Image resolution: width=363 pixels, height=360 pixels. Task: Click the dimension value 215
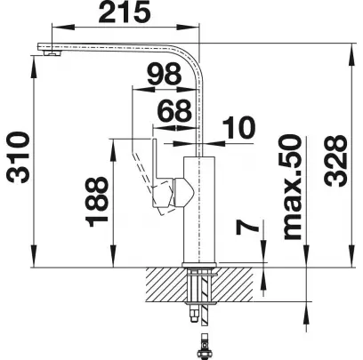(125, 12)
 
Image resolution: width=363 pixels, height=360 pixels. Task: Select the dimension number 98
(165, 74)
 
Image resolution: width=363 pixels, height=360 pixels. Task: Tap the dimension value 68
(174, 111)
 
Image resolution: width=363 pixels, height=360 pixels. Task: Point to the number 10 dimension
(238, 128)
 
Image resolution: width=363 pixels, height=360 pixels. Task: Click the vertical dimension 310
(19, 157)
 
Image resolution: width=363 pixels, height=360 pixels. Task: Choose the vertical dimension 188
(97, 202)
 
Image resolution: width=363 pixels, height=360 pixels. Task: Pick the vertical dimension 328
(335, 161)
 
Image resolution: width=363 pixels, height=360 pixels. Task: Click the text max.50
(293, 187)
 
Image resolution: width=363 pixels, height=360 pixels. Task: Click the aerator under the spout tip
(52, 53)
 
